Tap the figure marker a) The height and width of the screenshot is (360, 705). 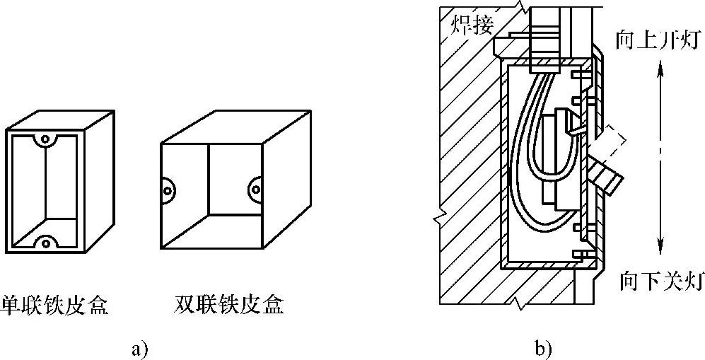coord(139,349)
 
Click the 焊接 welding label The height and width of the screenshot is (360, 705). coord(472,26)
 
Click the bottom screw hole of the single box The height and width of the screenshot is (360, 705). coord(45,243)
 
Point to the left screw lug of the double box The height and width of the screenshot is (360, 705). coord(168,188)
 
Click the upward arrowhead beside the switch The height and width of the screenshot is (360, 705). coord(660,67)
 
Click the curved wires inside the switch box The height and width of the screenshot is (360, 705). coord(527,170)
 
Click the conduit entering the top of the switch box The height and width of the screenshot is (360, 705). coord(544,35)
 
